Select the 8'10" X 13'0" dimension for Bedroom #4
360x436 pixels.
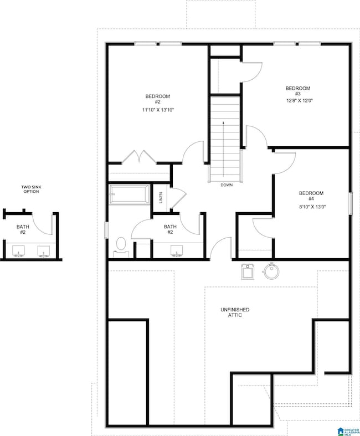(x=311, y=207)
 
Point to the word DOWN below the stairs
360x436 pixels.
(x=226, y=185)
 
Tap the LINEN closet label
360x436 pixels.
(x=161, y=197)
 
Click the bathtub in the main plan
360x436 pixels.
(x=128, y=195)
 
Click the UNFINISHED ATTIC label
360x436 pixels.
(x=235, y=313)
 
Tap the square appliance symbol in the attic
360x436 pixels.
(x=248, y=271)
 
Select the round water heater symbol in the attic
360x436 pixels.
(x=272, y=271)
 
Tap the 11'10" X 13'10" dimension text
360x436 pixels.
(x=153, y=110)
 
